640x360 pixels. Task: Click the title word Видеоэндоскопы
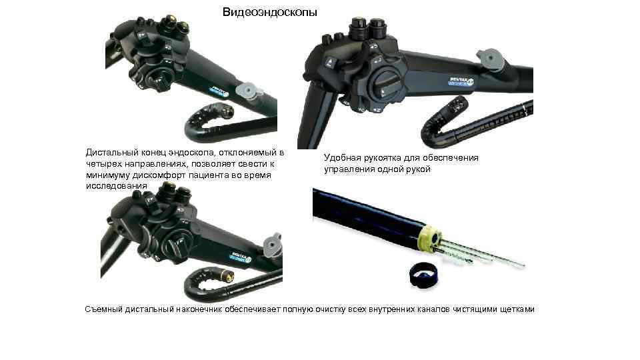click(x=269, y=12)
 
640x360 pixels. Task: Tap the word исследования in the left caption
click(x=116, y=186)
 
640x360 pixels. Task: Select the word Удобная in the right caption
click(x=341, y=157)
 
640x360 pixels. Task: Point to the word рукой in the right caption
click(x=419, y=169)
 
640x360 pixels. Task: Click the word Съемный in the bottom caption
click(x=104, y=309)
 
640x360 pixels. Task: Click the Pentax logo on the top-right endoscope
click(x=461, y=81)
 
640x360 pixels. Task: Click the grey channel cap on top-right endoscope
click(x=490, y=59)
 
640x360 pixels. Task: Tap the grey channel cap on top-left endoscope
click(x=248, y=90)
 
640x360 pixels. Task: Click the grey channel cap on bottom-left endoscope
click(x=273, y=245)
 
